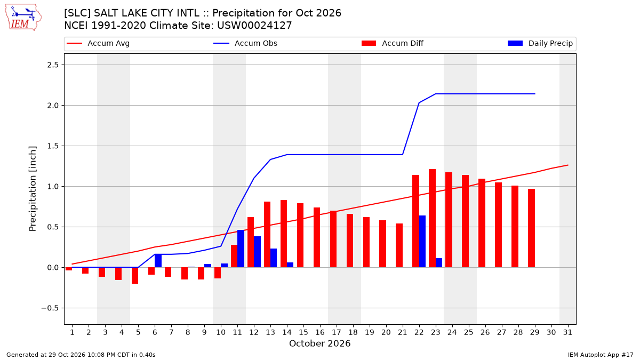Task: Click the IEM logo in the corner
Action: click(23, 18)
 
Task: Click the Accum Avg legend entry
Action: click(98, 43)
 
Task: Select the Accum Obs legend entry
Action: click(245, 43)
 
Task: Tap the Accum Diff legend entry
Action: click(393, 43)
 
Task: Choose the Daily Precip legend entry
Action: click(540, 43)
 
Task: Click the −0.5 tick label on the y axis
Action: click(50, 308)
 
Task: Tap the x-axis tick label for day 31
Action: click(567, 332)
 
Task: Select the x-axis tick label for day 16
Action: click(319, 332)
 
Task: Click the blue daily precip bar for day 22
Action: click(422, 242)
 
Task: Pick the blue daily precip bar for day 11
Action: click(241, 249)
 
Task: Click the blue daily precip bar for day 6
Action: click(158, 261)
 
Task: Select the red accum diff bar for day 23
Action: click(432, 218)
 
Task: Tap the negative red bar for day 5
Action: click(135, 275)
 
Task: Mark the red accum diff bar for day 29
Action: click(531, 228)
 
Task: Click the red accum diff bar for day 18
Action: click(350, 241)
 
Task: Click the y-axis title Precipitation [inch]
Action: click(33, 189)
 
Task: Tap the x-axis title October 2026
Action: click(319, 343)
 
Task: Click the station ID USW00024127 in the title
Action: click(254, 26)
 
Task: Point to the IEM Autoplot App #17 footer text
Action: click(601, 355)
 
